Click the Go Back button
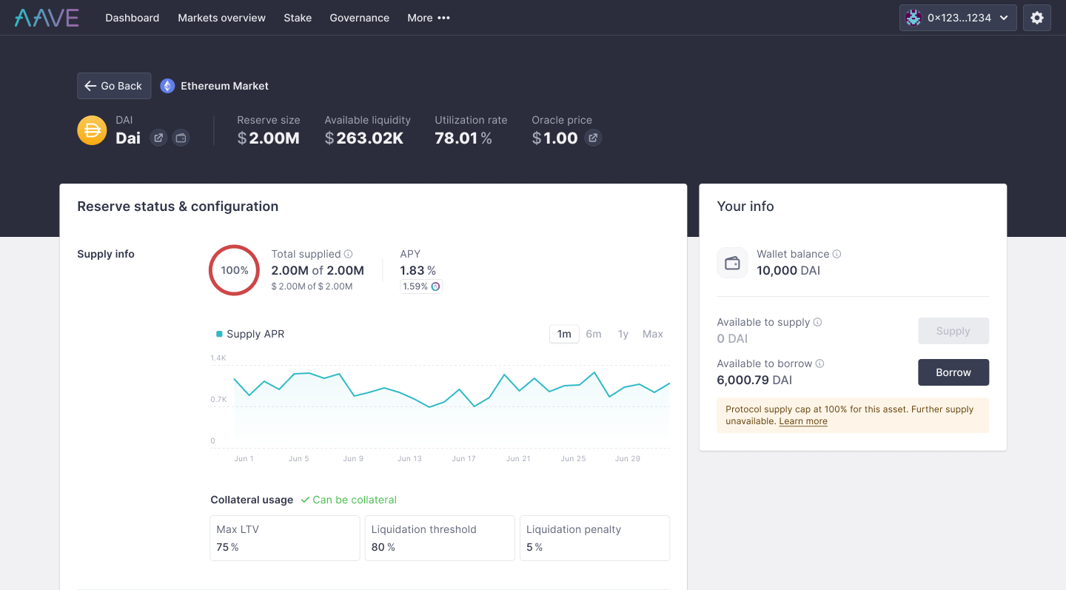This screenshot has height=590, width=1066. [114, 86]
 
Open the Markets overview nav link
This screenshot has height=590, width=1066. [221, 18]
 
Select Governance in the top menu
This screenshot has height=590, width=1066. [359, 18]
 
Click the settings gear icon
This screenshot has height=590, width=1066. [1036, 18]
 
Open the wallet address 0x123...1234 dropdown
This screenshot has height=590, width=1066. [957, 18]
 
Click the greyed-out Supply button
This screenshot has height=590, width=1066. [953, 331]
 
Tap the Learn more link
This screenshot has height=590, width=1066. [803, 421]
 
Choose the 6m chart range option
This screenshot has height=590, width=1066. [594, 334]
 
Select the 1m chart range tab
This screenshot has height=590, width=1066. [564, 334]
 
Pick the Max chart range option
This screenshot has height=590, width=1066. [652, 334]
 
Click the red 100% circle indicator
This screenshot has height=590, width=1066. [234, 270]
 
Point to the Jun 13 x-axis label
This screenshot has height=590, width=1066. [409, 459]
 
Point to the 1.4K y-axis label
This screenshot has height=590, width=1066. [218, 358]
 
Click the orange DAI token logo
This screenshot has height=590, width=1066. [92, 130]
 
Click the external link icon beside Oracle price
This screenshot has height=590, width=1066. [592, 138]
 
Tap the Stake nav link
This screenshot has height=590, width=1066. [298, 18]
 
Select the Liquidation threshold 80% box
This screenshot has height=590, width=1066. [440, 538]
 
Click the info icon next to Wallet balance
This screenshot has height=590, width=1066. [837, 254]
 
